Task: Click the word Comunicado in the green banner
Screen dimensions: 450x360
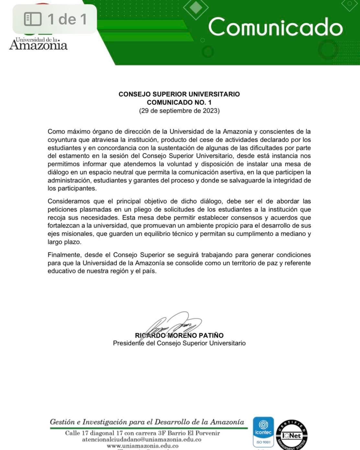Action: tap(276, 27)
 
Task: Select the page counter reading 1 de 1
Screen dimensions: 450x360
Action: tap(67, 19)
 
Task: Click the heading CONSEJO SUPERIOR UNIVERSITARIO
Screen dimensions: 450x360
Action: tap(179, 94)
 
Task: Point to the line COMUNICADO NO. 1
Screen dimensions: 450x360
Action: tap(179, 102)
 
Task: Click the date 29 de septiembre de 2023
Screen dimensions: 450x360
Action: tap(179, 111)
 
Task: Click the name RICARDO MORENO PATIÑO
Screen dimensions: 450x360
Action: tap(179, 335)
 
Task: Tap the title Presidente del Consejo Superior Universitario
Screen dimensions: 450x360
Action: tap(179, 343)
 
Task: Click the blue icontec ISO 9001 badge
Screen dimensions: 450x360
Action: tap(263, 432)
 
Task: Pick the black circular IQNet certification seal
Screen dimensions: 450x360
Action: tap(291, 435)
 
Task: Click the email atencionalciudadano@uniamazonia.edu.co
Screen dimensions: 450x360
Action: tap(141, 440)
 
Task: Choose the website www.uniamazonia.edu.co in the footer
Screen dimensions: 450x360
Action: tap(142, 446)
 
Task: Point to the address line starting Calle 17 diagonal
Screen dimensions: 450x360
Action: tap(142, 433)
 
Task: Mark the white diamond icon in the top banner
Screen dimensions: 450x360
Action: tap(196, 7)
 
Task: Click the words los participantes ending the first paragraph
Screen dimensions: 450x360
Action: tap(72, 188)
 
